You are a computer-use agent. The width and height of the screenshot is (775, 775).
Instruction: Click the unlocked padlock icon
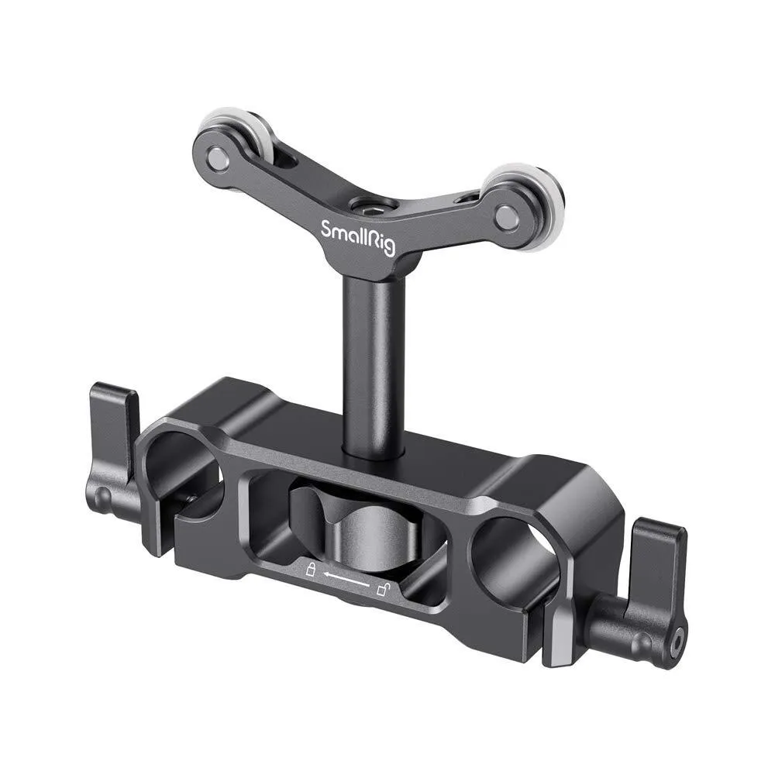[382, 591]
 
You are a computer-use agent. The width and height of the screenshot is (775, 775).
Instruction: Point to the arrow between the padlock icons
[346, 580]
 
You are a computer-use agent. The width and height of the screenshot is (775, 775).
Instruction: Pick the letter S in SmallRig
[327, 229]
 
